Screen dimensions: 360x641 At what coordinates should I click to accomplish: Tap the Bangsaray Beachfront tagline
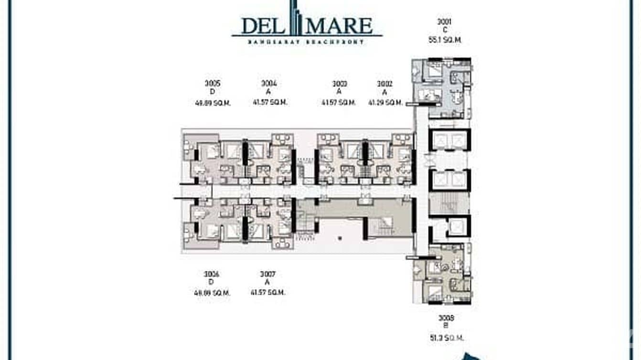tap(306, 42)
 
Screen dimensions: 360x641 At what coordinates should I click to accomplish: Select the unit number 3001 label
tap(444, 21)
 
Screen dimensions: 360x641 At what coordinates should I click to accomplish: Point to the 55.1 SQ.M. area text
tap(445, 40)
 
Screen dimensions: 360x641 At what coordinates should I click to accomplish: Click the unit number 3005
tap(213, 83)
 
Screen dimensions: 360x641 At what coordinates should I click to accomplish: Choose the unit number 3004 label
tap(269, 83)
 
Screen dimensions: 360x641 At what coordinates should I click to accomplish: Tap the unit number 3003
tap(340, 84)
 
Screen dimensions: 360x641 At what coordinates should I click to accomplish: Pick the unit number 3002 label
tap(385, 84)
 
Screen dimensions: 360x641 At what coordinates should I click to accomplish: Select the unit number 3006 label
tap(211, 274)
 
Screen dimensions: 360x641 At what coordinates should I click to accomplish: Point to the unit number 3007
tap(267, 274)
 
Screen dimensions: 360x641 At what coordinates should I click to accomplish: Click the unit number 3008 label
tap(446, 318)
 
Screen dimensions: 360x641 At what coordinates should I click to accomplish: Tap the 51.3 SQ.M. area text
tap(446, 338)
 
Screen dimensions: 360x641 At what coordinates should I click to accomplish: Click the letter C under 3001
tap(445, 30)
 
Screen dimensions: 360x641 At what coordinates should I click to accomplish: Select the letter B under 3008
tap(446, 327)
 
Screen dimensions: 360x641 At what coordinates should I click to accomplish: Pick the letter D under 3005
tap(213, 92)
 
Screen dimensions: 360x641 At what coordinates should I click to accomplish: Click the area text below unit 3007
tap(268, 292)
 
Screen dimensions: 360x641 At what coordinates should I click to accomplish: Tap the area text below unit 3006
tap(212, 293)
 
